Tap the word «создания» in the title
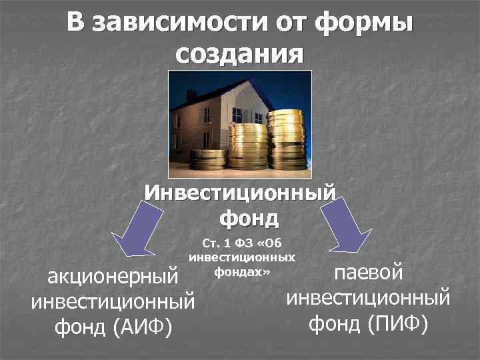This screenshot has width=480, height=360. pos(240,53)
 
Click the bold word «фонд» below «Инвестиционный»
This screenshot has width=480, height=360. pos(249,217)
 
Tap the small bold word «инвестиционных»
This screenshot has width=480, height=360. pos(243,257)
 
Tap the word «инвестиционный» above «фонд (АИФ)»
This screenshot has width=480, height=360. pos(113,301)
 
